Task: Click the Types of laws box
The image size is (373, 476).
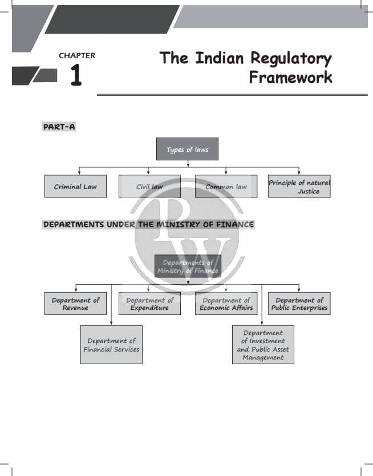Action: pyautogui.click(x=187, y=149)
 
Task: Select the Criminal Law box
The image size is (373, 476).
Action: pyautogui.click(x=75, y=186)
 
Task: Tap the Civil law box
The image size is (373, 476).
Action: pyautogui.click(x=149, y=186)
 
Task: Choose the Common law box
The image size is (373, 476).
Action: pyautogui.click(x=226, y=186)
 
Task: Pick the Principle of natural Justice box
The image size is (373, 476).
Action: pyautogui.click(x=299, y=186)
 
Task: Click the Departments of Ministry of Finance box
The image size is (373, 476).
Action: pyautogui.click(x=188, y=266)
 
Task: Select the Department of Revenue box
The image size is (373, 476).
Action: pyautogui.click(x=75, y=304)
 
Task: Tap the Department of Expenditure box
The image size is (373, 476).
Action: pyautogui.click(x=149, y=304)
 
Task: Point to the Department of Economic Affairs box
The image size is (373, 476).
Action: pyautogui.click(x=226, y=304)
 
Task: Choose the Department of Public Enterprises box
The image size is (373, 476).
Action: pyautogui.click(x=299, y=304)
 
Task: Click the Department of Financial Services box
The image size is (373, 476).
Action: pyautogui.click(x=111, y=345)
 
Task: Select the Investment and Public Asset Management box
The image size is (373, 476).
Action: pyautogui.click(x=263, y=345)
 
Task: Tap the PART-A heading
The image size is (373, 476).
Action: pyautogui.click(x=59, y=127)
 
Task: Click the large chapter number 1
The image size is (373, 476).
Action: pyautogui.click(x=76, y=75)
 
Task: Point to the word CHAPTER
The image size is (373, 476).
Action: pyautogui.click(x=77, y=55)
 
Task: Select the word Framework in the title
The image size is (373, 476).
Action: pyautogui.click(x=290, y=77)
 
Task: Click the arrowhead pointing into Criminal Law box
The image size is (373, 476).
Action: pyautogui.click(x=79, y=173)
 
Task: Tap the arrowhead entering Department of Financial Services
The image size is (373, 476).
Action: pyautogui.click(x=111, y=323)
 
